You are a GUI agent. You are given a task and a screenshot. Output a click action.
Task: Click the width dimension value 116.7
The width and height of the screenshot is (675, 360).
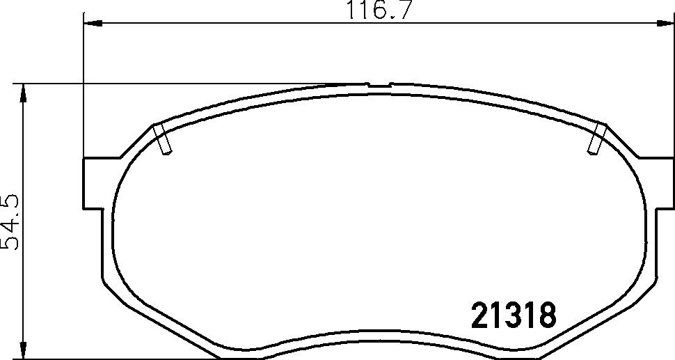coord(377,10)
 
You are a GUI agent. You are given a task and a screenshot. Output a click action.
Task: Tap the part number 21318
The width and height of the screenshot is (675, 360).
coord(514,315)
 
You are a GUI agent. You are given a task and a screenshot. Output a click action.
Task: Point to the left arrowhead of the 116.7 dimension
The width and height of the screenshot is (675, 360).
coord(93,23)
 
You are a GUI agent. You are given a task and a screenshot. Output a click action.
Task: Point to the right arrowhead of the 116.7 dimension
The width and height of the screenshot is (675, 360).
coord(665,23)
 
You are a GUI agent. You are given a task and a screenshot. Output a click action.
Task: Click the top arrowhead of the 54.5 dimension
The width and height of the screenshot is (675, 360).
coord(23,93)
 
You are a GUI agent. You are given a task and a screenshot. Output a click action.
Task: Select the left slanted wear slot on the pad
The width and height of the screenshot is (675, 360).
coord(163,139)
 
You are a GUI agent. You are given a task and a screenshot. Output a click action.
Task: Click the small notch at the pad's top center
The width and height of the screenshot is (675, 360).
coord(379,85)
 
